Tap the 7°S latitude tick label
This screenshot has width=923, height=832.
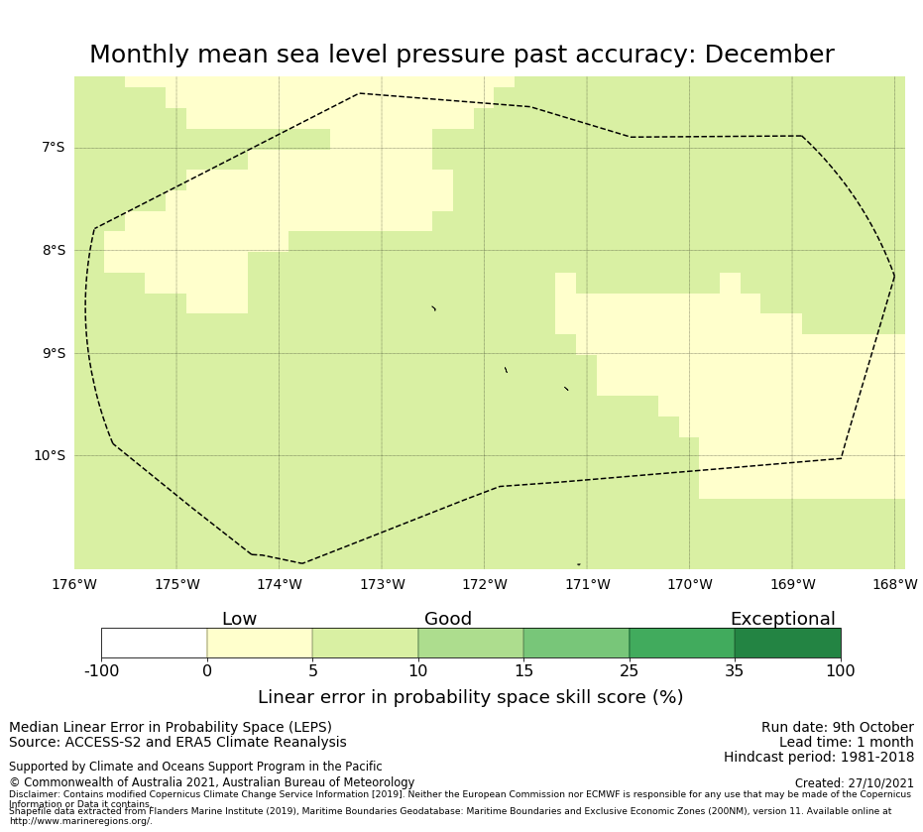pyautogui.click(x=53, y=148)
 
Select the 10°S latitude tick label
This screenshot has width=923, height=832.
pyautogui.click(x=49, y=456)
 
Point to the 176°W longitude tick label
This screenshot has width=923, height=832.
pyautogui.click(x=74, y=585)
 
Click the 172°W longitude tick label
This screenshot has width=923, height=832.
pyautogui.click(x=485, y=585)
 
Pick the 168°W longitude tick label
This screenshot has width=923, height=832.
pyautogui.click(x=894, y=585)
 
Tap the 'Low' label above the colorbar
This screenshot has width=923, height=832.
pyautogui.click(x=239, y=620)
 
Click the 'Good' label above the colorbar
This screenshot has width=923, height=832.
pyautogui.click(x=448, y=620)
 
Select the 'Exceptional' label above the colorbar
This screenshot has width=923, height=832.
pyautogui.click(x=782, y=620)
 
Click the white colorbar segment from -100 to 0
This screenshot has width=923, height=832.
pyautogui.click(x=154, y=644)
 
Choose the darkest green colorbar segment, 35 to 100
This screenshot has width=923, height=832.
pyautogui.click(x=787, y=644)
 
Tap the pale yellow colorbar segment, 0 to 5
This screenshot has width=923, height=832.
pyautogui.click(x=260, y=644)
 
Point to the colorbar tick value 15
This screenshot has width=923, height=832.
pyautogui.click(x=523, y=671)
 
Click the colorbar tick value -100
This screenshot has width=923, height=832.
pyautogui.click(x=101, y=671)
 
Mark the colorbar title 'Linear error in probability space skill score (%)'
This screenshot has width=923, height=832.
pyautogui.click(x=470, y=697)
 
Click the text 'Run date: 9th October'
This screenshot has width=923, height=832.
pyautogui.click(x=837, y=728)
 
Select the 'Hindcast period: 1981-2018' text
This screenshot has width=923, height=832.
pyautogui.click(x=818, y=758)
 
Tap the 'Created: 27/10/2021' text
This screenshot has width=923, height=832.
pyautogui.click(x=854, y=783)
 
